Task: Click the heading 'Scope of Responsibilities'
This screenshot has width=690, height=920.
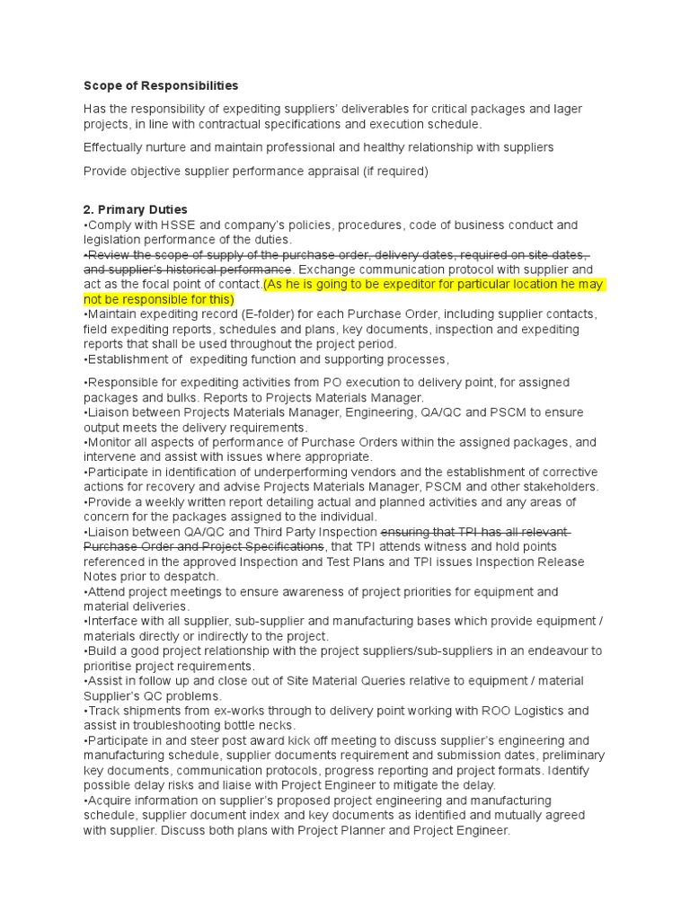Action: click(161, 86)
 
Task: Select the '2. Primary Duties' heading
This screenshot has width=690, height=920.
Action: click(136, 209)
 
